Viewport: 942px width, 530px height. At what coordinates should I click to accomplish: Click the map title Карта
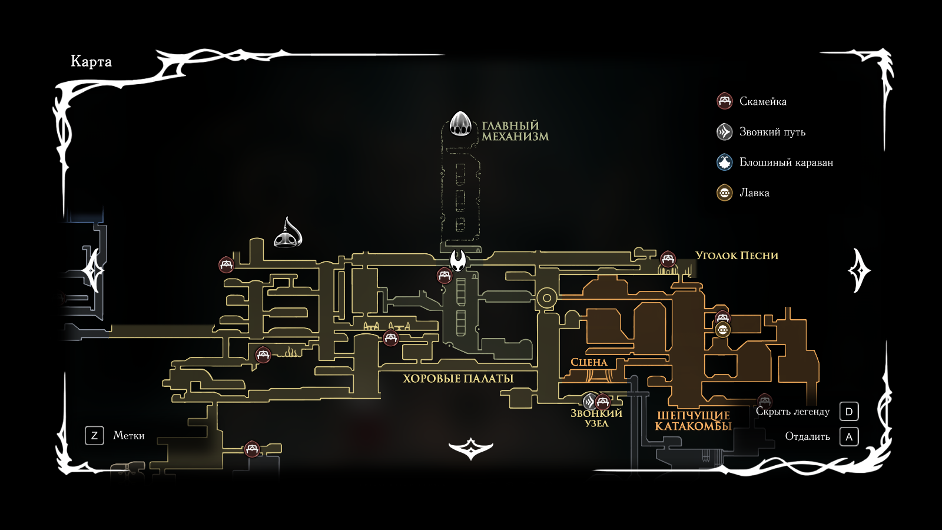(91, 61)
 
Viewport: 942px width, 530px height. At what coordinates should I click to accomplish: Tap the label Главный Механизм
(515, 131)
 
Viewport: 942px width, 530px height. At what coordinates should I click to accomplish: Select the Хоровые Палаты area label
(458, 379)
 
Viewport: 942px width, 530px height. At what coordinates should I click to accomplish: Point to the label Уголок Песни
(737, 256)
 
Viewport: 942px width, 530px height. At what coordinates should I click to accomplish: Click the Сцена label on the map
(589, 362)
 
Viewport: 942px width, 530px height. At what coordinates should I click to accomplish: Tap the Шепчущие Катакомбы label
(693, 420)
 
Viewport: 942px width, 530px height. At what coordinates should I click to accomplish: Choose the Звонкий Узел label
(596, 418)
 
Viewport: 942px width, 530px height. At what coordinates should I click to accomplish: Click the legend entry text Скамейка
(762, 101)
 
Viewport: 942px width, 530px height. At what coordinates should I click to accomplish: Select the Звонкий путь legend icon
(725, 132)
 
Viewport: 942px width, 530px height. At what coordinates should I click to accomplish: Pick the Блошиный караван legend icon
(725, 162)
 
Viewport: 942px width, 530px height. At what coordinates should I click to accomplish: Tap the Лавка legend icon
(725, 193)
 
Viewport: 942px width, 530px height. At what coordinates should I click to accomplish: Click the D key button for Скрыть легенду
(849, 412)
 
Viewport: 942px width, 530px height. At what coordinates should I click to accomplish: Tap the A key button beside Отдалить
(849, 437)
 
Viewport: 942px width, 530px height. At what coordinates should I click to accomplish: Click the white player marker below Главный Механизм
(458, 260)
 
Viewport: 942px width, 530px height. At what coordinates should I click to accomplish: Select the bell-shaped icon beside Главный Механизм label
(460, 124)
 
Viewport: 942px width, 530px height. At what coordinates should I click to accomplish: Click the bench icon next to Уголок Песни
(668, 259)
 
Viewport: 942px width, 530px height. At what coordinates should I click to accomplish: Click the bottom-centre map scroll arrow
(470, 449)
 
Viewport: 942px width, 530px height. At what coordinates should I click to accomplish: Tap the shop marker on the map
(722, 330)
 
